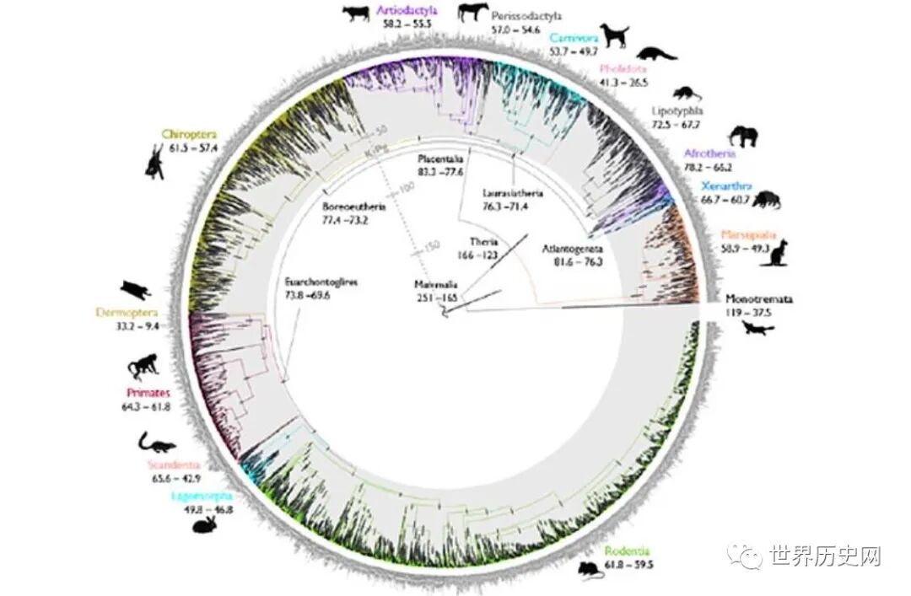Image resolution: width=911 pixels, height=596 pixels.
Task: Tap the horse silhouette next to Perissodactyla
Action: [x=473, y=13]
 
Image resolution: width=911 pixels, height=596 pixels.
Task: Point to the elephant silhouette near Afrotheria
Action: [x=742, y=137]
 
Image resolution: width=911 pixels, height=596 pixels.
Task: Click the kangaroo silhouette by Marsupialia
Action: [x=775, y=251]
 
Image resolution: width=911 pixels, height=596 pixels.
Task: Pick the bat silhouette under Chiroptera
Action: [x=154, y=161]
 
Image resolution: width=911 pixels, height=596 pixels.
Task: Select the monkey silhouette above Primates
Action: [x=143, y=368]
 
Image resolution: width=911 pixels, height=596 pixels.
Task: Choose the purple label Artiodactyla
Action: [x=407, y=11]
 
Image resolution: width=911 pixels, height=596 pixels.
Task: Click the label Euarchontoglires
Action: [x=321, y=282]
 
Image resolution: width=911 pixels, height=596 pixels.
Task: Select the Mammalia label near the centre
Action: [x=434, y=284]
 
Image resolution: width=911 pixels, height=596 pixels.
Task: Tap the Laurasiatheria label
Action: [x=513, y=192]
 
